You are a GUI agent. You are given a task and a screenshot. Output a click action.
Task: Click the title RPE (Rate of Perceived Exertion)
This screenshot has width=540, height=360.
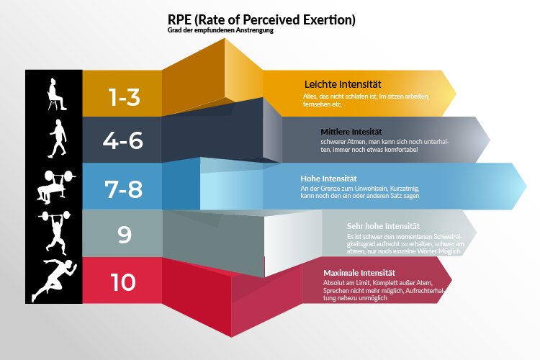pyautogui.click(x=261, y=20)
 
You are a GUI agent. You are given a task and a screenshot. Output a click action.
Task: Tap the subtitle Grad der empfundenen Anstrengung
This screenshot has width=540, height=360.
pyautogui.click(x=220, y=30)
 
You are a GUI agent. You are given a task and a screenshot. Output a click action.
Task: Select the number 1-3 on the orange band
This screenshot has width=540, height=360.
pyautogui.click(x=124, y=96)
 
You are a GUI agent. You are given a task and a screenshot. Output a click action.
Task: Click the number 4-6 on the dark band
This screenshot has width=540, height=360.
pyautogui.click(x=123, y=140)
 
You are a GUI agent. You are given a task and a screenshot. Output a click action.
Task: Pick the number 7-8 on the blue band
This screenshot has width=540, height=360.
pyautogui.click(x=123, y=189)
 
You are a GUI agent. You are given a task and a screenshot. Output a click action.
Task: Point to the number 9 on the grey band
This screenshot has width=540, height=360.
pyautogui.click(x=125, y=235)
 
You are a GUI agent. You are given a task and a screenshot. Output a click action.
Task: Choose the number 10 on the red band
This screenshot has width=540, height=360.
pyautogui.click(x=123, y=282)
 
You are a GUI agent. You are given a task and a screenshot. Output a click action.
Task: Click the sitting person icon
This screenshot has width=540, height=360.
pyautogui.click(x=56, y=94)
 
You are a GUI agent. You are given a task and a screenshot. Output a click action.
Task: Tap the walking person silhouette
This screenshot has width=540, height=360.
pyautogui.click(x=58, y=139)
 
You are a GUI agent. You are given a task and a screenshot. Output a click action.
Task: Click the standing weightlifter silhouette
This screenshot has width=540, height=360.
pyautogui.click(x=55, y=233)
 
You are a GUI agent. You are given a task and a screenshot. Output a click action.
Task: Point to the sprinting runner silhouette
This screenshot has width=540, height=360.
pyautogui.click(x=54, y=281)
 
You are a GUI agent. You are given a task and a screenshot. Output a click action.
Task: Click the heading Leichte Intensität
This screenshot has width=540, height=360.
pyautogui.click(x=343, y=84)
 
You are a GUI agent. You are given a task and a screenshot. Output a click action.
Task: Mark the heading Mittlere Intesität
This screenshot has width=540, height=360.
pyautogui.click(x=351, y=132)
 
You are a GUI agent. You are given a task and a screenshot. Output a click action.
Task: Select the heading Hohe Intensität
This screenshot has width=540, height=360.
pyautogui.click(x=328, y=179)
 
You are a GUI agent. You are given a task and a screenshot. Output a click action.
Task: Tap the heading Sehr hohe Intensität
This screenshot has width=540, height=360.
pyautogui.click(x=383, y=226)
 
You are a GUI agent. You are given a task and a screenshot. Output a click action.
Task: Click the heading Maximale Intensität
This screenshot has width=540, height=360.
pyautogui.click(x=359, y=273)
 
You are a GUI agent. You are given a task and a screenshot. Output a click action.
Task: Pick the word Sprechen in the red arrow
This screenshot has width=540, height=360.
pyautogui.click(x=336, y=291)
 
